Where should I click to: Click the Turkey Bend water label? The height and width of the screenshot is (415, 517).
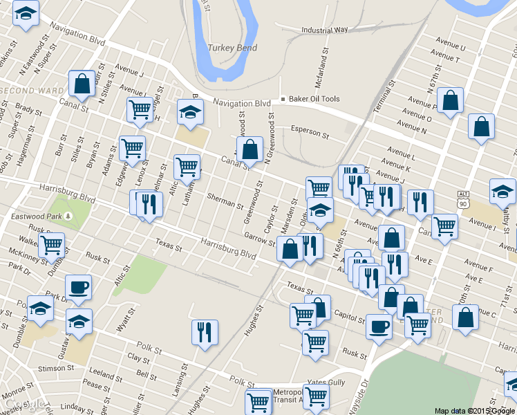232,48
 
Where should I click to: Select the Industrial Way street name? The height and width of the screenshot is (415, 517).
325,30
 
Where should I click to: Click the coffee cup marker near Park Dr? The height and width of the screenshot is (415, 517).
78,286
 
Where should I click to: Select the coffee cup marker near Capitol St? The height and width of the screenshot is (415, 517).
379,326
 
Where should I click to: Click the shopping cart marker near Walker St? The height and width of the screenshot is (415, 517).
51,244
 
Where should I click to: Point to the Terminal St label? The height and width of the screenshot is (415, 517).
383,97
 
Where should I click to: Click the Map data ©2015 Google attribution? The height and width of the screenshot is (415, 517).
475,411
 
